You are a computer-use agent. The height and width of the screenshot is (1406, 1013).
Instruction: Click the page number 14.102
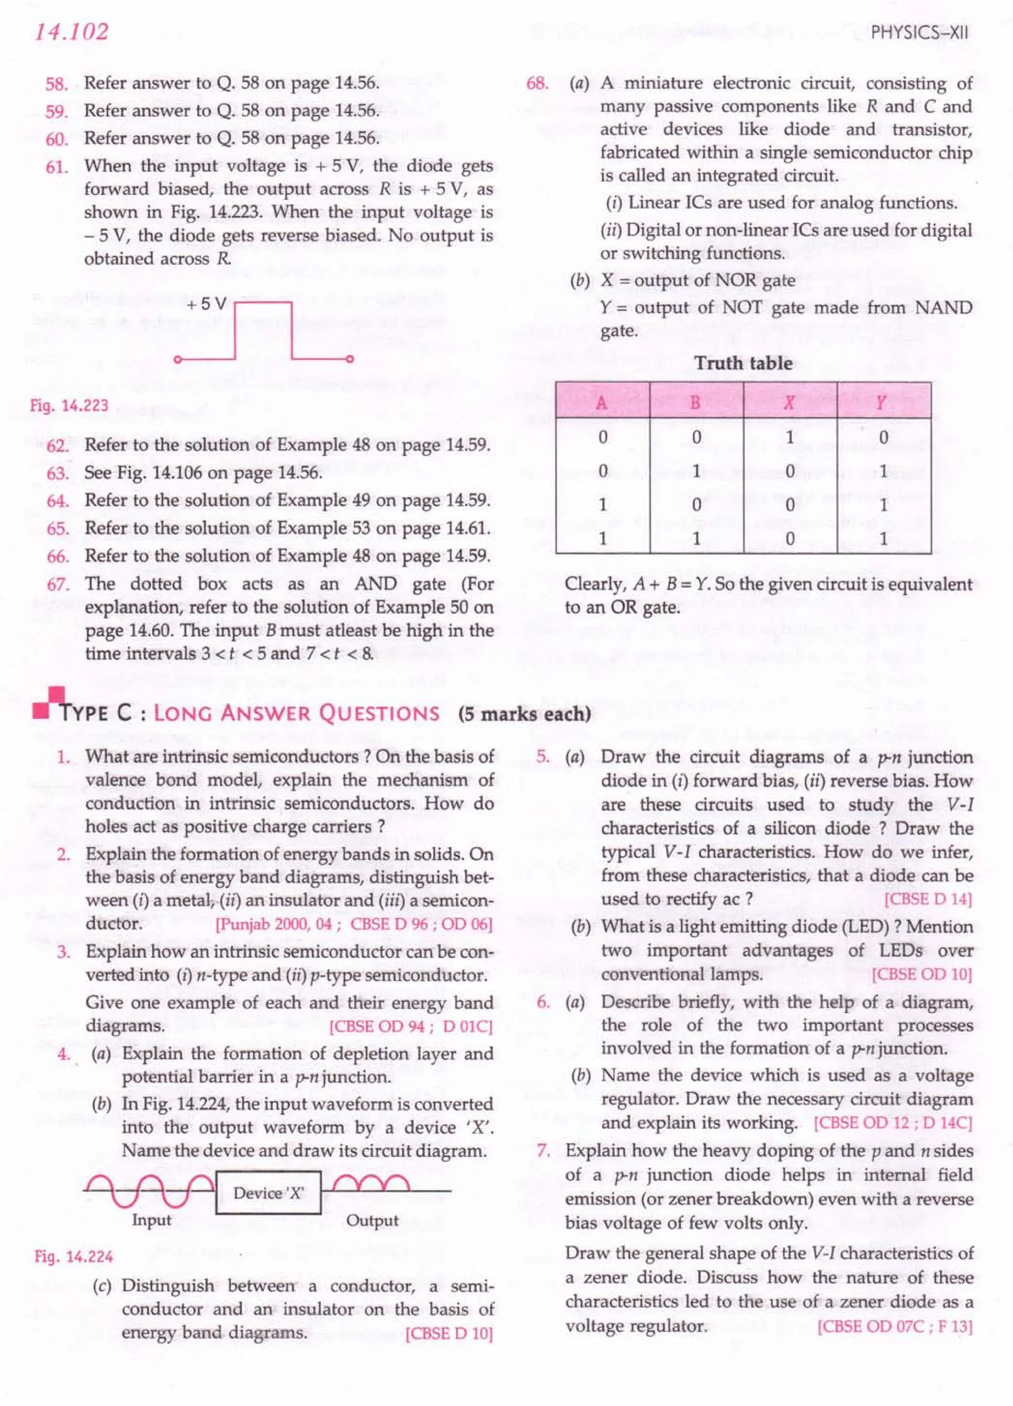click(71, 32)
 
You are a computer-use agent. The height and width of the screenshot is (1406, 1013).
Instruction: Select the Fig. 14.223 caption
click(69, 406)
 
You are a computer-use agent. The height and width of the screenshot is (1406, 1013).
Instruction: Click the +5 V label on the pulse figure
click(206, 304)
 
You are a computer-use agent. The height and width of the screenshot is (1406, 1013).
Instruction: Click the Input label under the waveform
click(151, 1220)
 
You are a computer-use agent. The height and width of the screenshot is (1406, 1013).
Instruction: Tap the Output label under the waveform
click(372, 1220)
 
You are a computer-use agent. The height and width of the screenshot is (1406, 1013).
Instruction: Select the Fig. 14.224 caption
click(73, 1257)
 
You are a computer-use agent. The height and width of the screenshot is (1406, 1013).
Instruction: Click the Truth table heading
click(743, 363)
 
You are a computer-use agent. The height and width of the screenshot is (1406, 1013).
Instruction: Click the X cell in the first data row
click(789, 438)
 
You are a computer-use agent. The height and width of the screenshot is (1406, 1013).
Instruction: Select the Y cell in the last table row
click(883, 538)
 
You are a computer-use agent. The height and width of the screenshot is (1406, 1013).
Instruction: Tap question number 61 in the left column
click(57, 167)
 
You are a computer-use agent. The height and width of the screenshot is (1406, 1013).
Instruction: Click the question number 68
click(537, 83)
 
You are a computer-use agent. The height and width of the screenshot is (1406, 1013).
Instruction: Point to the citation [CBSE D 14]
click(927, 899)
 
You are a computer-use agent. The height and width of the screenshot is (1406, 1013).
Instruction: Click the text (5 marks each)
click(524, 713)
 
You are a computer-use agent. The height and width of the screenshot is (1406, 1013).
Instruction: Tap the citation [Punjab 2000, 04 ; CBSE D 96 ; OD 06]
click(353, 924)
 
